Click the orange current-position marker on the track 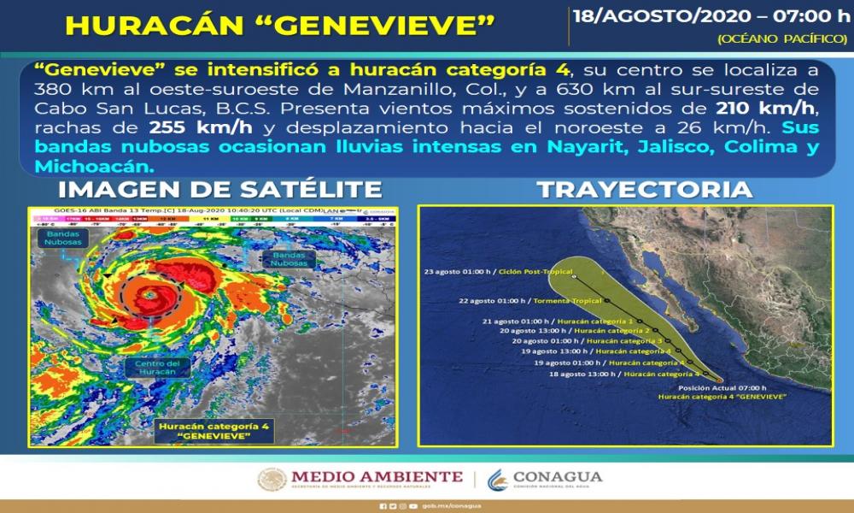coord(720,380)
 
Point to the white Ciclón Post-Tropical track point coord(575,277)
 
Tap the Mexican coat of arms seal coord(272,479)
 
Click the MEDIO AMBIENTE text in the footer coord(377,476)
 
